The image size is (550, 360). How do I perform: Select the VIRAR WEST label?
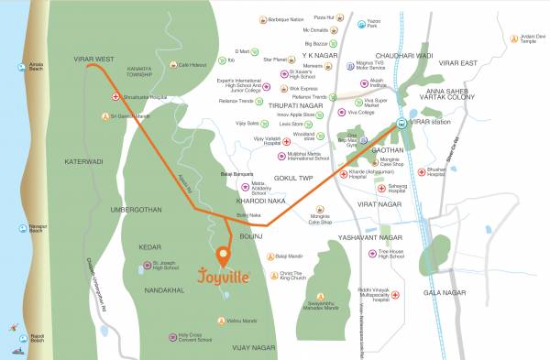pos(93,59)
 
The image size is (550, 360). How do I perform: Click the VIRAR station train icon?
pos(401,123)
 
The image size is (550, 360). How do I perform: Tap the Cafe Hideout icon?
pos(171,64)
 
